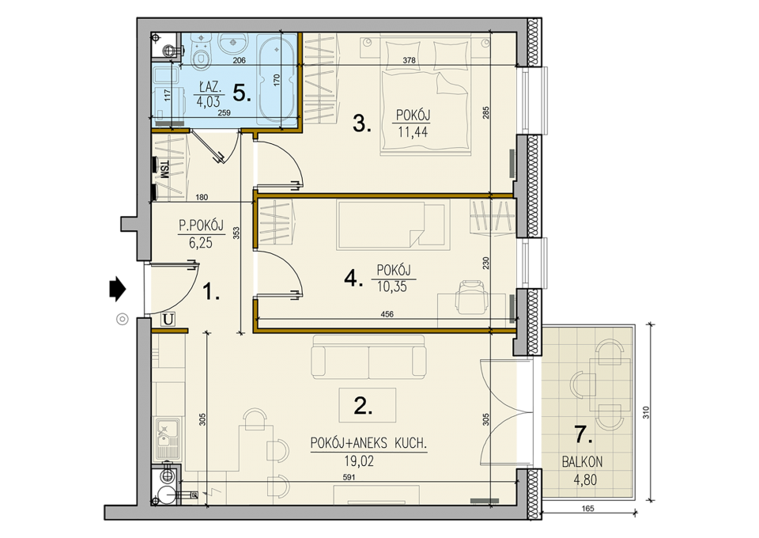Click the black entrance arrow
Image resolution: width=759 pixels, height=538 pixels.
118,289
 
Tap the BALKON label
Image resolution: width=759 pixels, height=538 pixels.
583,461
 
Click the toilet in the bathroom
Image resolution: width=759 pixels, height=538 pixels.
201,52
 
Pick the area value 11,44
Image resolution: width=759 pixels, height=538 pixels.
413,131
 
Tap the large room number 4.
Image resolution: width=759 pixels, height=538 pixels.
353,279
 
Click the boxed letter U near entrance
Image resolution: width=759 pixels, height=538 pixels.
168,320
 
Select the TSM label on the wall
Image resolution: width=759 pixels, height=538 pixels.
164,169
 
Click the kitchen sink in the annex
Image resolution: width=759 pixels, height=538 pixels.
168,440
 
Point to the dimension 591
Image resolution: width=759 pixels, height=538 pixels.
349,477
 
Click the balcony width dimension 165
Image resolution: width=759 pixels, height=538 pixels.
587,509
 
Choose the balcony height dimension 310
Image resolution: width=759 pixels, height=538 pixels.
648,412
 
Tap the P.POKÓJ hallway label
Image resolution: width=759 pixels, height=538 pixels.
201,225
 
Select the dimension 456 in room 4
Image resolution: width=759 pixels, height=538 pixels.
387,314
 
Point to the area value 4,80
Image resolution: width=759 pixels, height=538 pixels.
585,480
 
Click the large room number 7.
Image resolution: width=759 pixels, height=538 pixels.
583,435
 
